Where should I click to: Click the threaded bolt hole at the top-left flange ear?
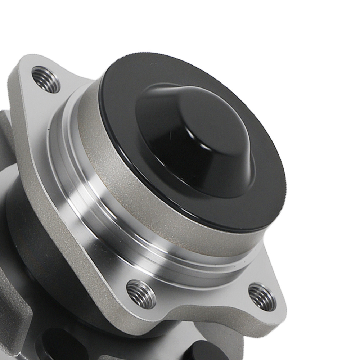click(46, 79)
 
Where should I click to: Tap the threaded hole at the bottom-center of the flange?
click(141, 293)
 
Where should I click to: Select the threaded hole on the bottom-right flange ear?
click(262, 297)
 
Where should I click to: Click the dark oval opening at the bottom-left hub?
click(54, 342)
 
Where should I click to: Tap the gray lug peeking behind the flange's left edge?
click(5, 126)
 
